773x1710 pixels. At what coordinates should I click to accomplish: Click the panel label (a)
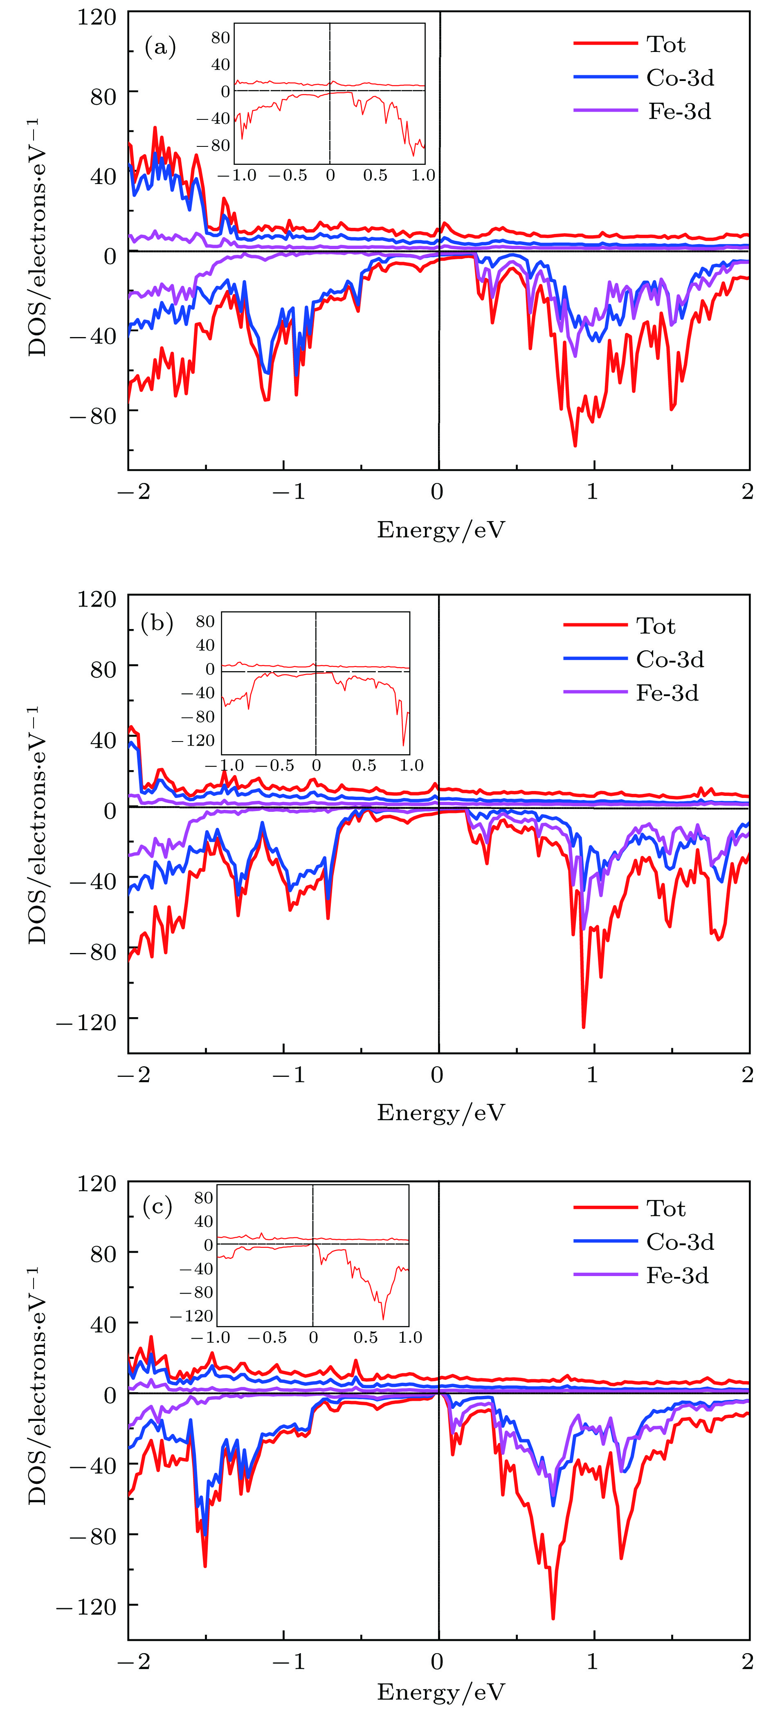(160, 47)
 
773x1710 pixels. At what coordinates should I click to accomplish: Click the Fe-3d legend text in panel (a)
(679, 111)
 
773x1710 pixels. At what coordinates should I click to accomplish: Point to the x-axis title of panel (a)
(441, 530)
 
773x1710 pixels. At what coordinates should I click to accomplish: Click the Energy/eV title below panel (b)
(441, 1112)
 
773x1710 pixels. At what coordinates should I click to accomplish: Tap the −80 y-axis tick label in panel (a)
(92, 416)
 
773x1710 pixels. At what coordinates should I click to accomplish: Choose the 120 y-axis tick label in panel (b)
(97, 599)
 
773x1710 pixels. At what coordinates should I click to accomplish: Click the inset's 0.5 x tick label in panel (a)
(375, 175)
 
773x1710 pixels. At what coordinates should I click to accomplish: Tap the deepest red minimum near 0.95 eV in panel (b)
(584, 1026)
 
